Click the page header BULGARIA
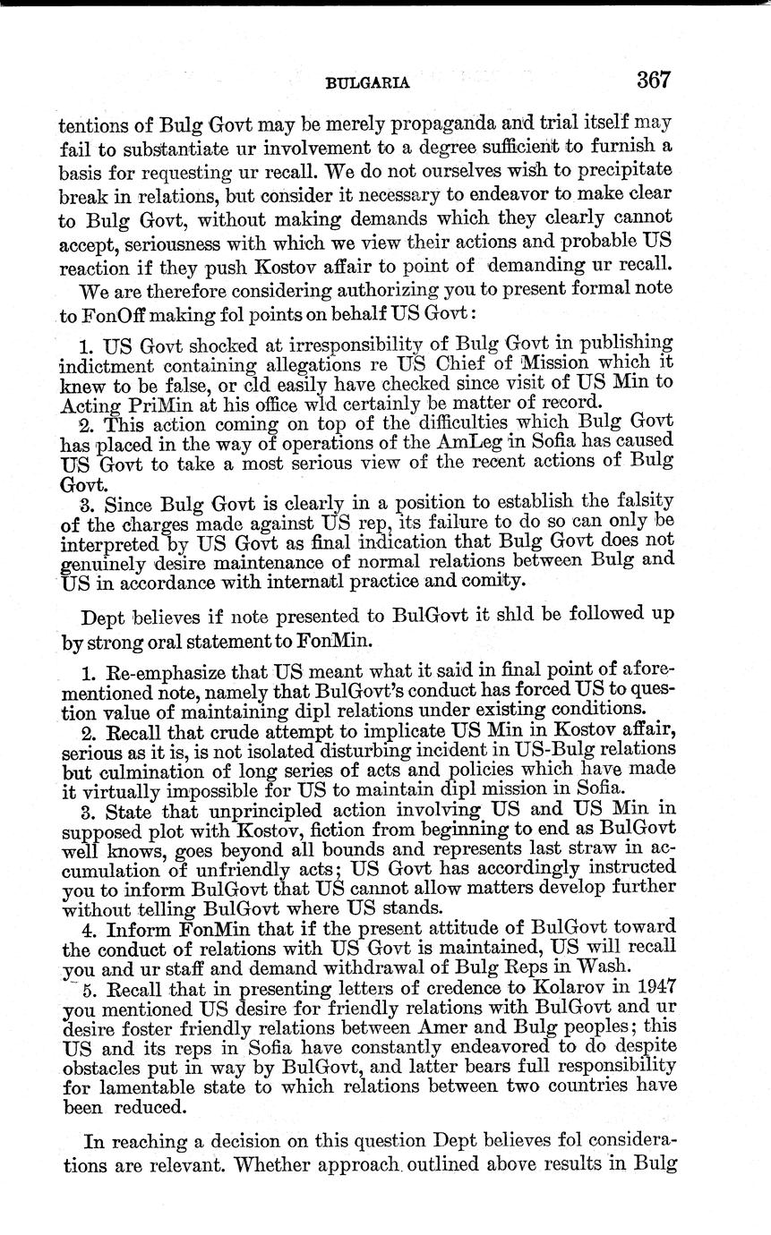[367, 83]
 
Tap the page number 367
[654, 80]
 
